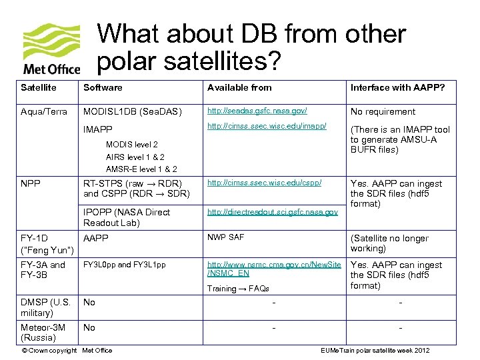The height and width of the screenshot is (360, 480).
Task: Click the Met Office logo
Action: (51, 49)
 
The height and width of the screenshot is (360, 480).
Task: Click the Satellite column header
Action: (39, 87)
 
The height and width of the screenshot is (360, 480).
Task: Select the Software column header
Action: (103, 87)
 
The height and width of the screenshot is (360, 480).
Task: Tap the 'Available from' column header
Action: (239, 87)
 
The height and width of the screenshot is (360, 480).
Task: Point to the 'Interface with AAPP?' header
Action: (397, 87)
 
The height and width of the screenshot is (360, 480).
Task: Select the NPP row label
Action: (29, 183)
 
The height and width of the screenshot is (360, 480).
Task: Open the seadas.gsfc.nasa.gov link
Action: (259, 111)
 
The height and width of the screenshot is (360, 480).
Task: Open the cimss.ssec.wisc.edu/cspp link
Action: (265, 182)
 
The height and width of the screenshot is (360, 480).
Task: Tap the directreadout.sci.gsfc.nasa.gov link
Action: (273, 212)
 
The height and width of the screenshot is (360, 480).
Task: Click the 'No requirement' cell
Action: (383, 111)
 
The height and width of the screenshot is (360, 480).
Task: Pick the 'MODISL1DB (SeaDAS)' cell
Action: (132, 111)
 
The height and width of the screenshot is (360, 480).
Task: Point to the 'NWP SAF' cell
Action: (226, 237)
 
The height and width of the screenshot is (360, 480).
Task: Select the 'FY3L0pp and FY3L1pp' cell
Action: (124, 265)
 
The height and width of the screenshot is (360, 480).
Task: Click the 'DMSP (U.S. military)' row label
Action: (46, 307)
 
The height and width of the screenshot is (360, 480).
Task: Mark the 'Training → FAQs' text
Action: (238, 289)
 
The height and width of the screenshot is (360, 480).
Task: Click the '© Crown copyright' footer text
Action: (49, 351)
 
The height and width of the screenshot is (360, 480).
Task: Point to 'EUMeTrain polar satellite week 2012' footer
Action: (375, 351)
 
